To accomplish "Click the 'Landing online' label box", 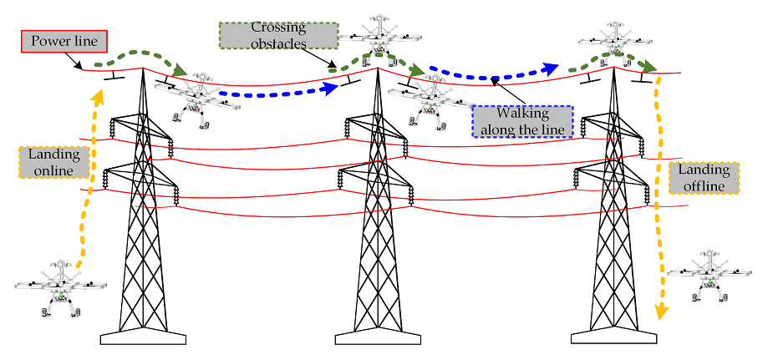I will tap(52, 162).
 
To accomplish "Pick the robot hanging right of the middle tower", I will tap(430, 101).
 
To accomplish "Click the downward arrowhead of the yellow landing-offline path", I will tap(661, 313).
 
